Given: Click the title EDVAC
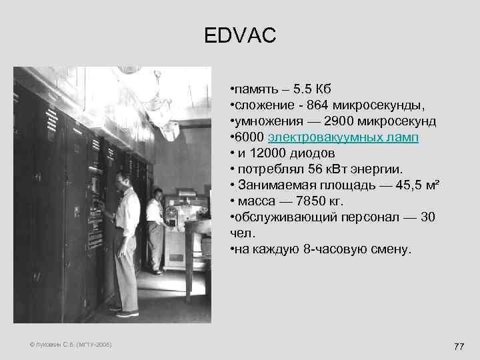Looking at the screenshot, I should (x=240, y=35).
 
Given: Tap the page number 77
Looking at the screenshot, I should (x=458, y=346).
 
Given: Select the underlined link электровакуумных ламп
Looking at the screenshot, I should (x=343, y=137).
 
